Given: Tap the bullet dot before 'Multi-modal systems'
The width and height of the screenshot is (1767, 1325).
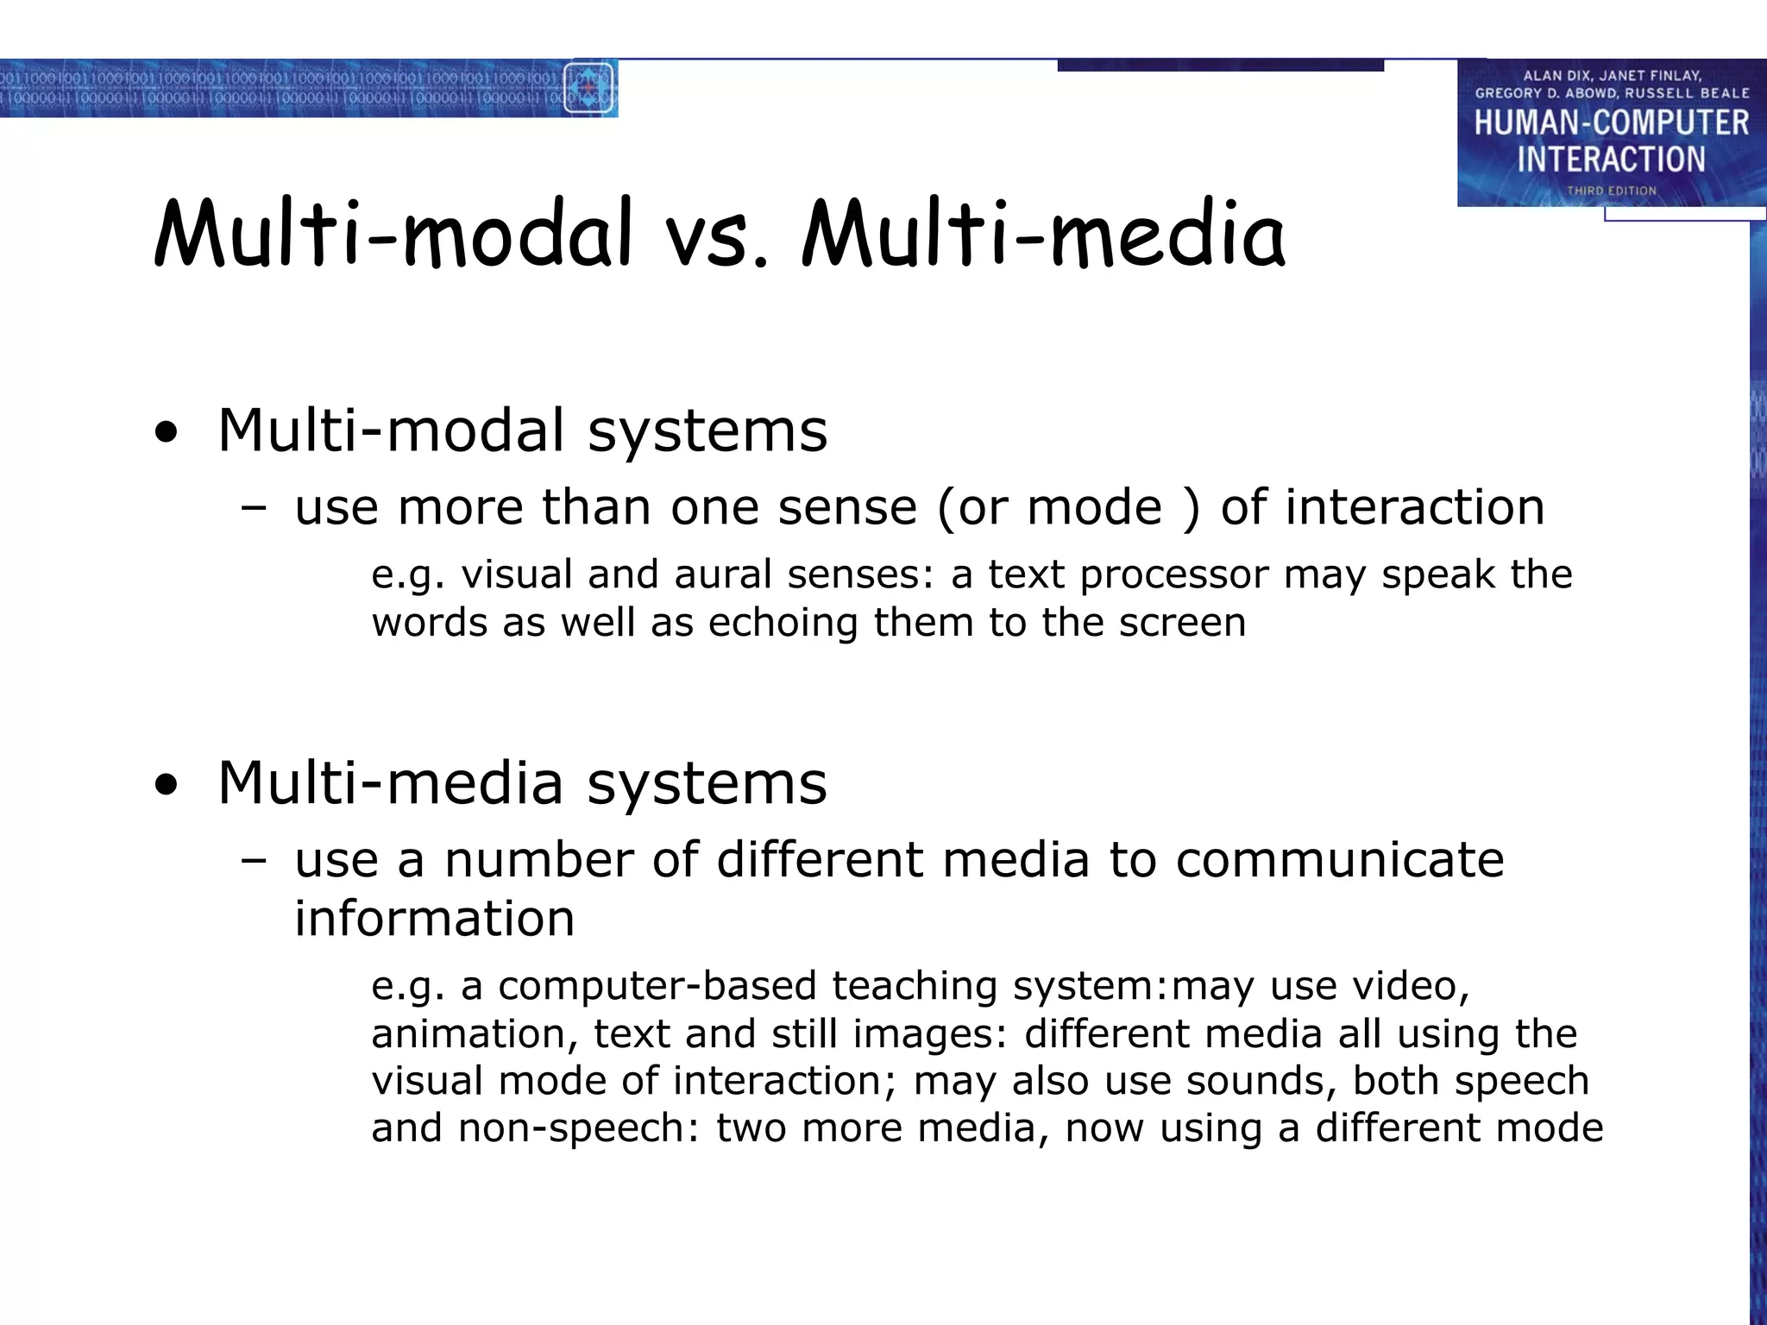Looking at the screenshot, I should coord(167,434).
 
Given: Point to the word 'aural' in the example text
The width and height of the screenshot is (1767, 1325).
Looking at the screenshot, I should coord(723,575).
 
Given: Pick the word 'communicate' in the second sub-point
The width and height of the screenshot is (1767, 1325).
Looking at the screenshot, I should coord(1339,860).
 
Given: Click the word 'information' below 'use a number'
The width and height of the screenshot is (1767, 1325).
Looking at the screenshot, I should coord(434,919).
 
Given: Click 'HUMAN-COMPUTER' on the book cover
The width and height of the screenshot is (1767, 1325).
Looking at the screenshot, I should coord(1611,123).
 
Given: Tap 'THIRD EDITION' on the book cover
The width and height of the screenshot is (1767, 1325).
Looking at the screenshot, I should coord(1612,191).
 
